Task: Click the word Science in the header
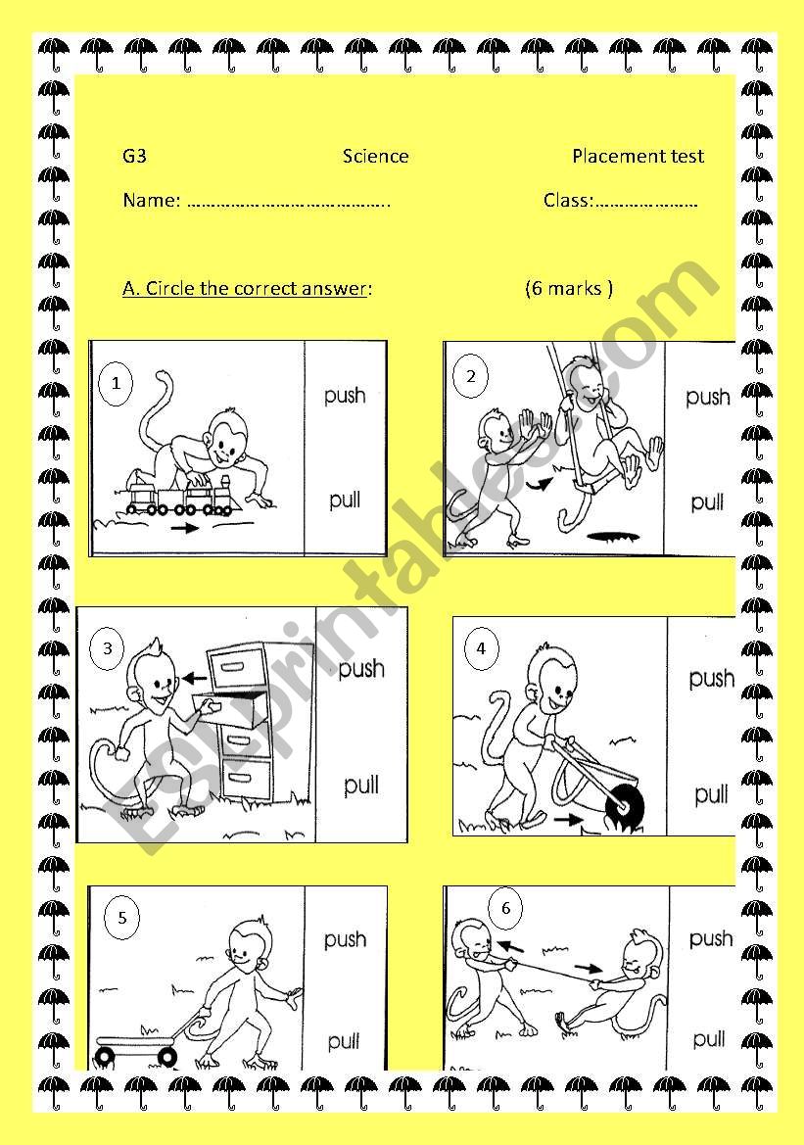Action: pyautogui.click(x=375, y=156)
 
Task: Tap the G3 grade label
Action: pyautogui.click(x=134, y=156)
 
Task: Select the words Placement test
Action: pyautogui.click(x=638, y=156)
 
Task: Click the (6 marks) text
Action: pyautogui.click(x=569, y=288)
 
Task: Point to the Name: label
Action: pyautogui.click(x=151, y=200)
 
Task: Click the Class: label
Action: pyautogui.click(x=569, y=200)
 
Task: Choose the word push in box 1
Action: pyautogui.click(x=345, y=396)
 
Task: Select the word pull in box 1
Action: pyautogui.click(x=345, y=501)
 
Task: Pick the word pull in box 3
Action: pyautogui.click(x=361, y=785)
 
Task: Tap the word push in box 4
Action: pyautogui.click(x=712, y=679)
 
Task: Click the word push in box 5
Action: pyautogui.click(x=345, y=939)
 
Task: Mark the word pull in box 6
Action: pyautogui.click(x=709, y=1038)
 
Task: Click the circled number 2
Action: pyautogui.click(x=471, y=377)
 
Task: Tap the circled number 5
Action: pyautogui.click(x=122, y=918)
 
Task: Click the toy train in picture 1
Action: pyautogui.click(x=179, y=494)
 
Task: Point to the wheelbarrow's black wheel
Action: pyautogui.click(x=626, y=806)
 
